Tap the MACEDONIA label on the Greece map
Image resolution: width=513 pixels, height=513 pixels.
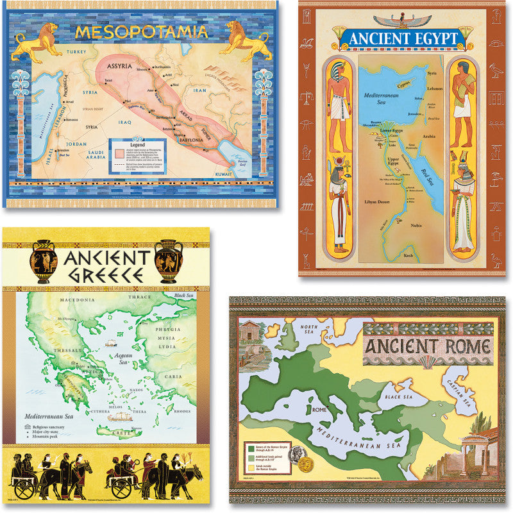76,299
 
